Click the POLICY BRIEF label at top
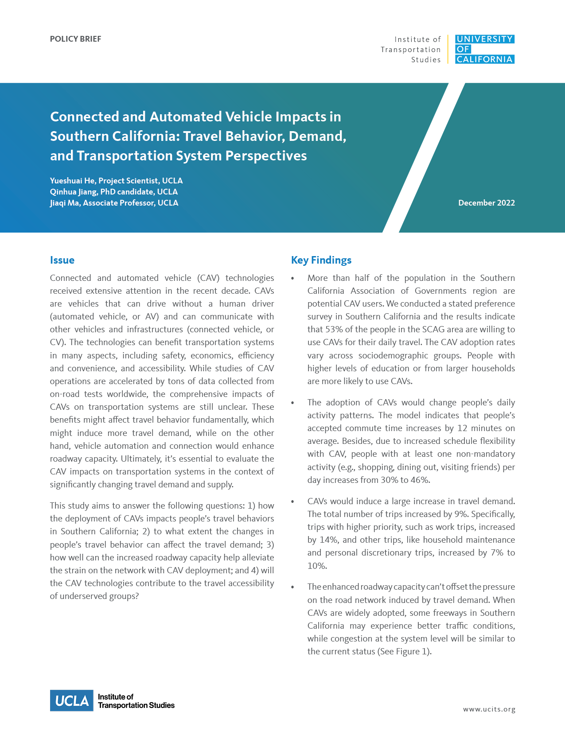(75, 39)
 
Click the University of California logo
(485, 49)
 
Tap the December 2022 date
(486, 203)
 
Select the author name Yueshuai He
(72, 181)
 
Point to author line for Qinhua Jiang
(114, 192)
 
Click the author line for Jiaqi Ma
(114, 203)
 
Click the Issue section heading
(62, 260)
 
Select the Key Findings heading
(321, 260)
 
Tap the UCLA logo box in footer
(71, 700)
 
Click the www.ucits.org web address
(489, 709)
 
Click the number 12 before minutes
(462, 428)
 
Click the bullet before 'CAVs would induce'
(292, 501)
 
